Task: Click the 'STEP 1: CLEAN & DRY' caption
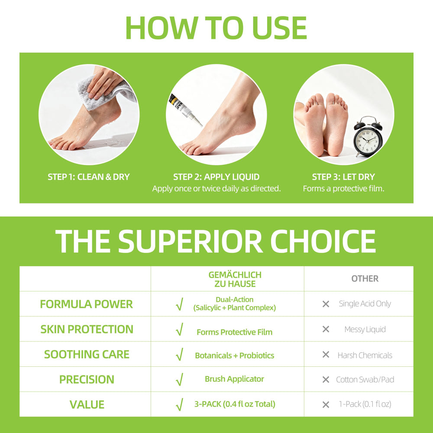click(x=89, y=177)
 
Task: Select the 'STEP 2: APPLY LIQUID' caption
click(x=216, y=177)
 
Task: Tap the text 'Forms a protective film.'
click(x=343, y=189)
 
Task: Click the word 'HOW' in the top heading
click(x=162, y=28)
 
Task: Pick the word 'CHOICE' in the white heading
click(x=323, y=241)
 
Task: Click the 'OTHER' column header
click(x=365, y=278)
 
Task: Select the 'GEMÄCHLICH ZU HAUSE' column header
click(x=235, y=279)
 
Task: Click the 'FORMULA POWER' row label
click(x=87, y=304)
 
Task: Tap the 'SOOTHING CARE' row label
click(x=87, y=354)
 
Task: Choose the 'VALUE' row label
click(x=87, y=404)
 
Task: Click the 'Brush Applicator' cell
click(x=234, y=379)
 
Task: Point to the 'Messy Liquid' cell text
click(x=365, y=329)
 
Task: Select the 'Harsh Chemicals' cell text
click(x=365, y=355)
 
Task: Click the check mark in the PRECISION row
click(x=180, y=379)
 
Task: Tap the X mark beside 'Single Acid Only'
click(x=326, y=304)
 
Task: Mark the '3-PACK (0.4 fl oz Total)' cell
click(x=235, y=404)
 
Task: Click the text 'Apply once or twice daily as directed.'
click(x=216, y=189)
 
